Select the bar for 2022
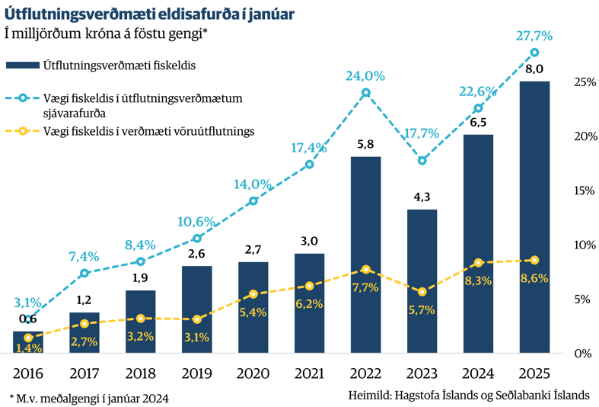pyautogui.click(x=365, y=255)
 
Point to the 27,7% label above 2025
pyautogui.click(x=533, y=36)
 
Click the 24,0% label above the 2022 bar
pyautogui.click(x=365, y=76)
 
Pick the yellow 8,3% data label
pyautogui.click(x=478, y=280)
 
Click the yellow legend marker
pyautogui.click(x=23, y=131)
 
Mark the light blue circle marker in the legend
pyautogui.click(x=23, y=98)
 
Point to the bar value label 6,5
pyautogui.click(x=478, y=123)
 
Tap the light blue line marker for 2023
pyautogui.click(x=422, y=160)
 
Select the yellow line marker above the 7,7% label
pyautogui.click(x=366, y=269)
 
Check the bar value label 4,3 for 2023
pyautogui.click(x=422, y=197)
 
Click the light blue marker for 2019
pyautogui.click(x=196, y=239)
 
